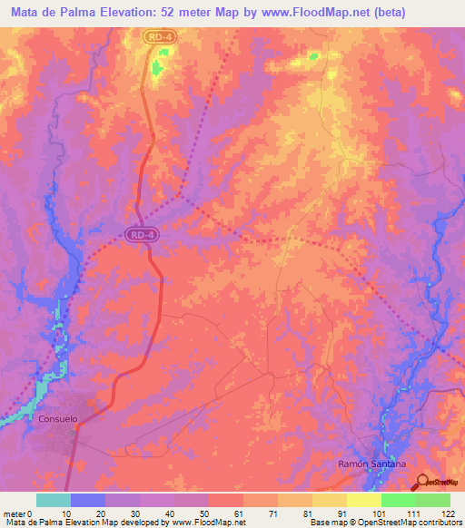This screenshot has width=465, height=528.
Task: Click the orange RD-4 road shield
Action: pos(160,35)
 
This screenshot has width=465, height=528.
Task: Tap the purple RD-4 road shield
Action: pos(142,234)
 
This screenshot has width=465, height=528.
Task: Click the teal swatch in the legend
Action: pos(54,500)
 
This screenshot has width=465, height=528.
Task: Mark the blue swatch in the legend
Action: pos(88,500)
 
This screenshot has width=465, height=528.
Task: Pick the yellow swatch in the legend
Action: pos(364,500)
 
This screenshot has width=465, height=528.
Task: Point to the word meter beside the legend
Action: pos(14,513)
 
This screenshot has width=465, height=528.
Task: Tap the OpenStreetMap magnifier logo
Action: pos(420,483)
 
